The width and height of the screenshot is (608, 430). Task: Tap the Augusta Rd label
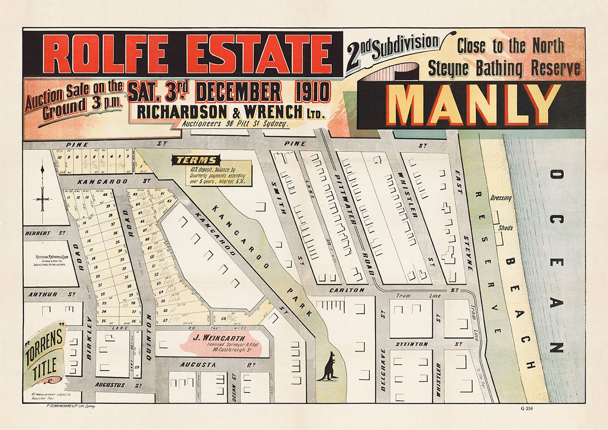(x=200, y=364)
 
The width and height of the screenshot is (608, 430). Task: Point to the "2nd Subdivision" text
(x=393, y=49)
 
